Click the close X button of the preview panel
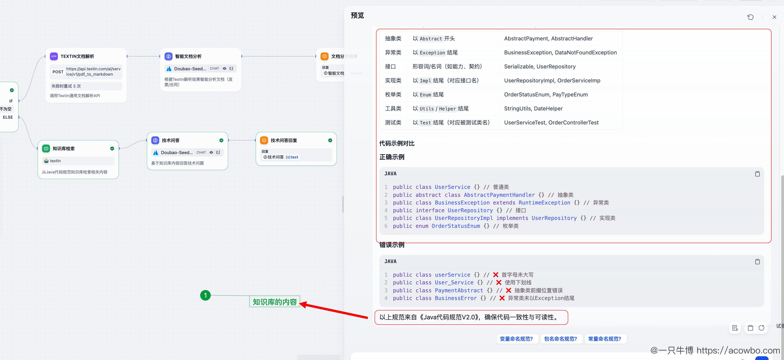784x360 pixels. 774,17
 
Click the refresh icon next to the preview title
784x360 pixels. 751,17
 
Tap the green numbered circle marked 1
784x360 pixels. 205,295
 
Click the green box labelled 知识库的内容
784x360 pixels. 275,302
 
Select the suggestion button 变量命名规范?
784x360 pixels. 517,339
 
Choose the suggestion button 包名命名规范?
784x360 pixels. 561,339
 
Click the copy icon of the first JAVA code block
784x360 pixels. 757,174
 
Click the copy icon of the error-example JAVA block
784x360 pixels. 757,261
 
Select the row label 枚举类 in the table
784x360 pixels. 393,95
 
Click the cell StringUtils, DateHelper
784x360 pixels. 533,109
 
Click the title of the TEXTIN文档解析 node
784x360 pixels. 77,56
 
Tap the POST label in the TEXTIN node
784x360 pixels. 58,72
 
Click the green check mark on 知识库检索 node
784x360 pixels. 112,148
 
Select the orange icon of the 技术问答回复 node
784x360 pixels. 264,140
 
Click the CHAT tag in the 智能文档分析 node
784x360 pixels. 214,68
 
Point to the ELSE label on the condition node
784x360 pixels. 8,117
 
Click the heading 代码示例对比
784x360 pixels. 397,143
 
